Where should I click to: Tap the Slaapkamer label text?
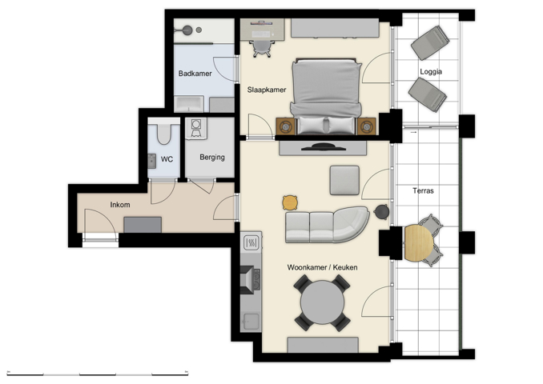coord(267,90)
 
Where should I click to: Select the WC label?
coord(167,159)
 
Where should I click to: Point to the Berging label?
coord(212,158)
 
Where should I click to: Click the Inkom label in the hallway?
coord(120,206)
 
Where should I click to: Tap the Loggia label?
coord(431,72)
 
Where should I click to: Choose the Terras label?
coord(423,191)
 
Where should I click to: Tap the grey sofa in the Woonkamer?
coord(325,226)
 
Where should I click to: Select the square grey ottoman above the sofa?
coord(344,179)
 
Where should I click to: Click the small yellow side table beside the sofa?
coord(290,202)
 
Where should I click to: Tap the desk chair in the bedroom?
coord(261,47)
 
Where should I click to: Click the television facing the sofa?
coord(323,146)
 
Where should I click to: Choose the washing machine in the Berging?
coord(196,129)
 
